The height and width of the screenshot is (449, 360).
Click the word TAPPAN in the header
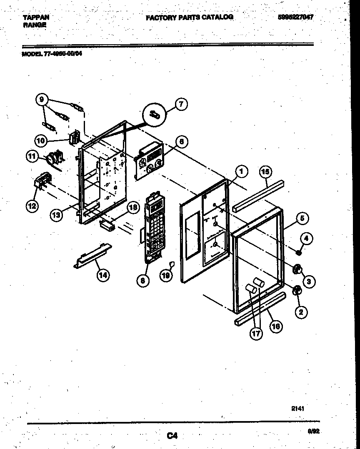35,17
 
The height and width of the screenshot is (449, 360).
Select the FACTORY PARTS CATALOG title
189,17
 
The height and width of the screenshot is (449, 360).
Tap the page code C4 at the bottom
172,436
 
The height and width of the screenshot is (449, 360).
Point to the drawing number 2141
297,409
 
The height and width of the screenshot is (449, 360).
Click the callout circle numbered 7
181,104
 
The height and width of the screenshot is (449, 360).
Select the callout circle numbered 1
240,171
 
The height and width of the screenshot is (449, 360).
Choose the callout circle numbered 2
301,311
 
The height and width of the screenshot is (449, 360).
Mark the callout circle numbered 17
257,334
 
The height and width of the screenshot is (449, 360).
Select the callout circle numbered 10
40,141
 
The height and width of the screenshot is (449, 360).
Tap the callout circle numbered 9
41,100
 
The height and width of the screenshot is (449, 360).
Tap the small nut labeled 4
299,252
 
